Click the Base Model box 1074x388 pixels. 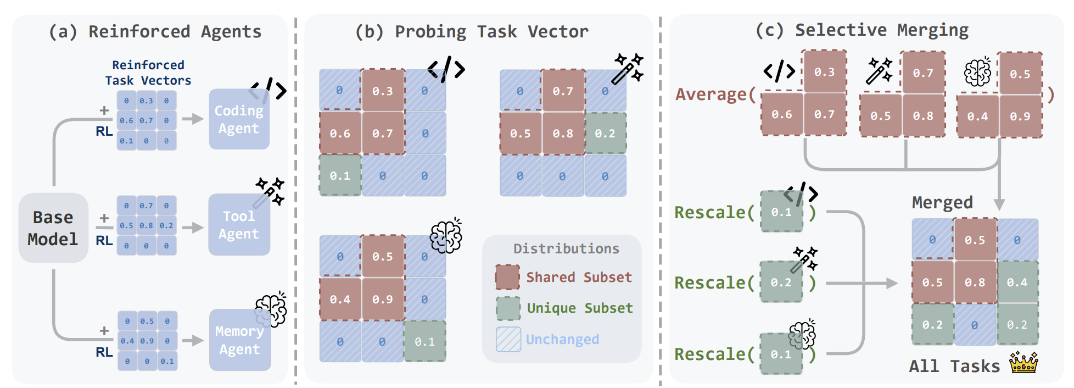point(53,228)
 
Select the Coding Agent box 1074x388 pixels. point(239,119)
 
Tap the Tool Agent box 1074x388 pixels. point(239,225)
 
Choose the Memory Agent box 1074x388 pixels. point(239,340)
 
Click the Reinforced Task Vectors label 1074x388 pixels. point(148,73)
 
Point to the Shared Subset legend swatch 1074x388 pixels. point(507,277)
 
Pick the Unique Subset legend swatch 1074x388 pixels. point(508,308)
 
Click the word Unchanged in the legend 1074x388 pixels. point(562,339)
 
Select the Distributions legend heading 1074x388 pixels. point(566,248)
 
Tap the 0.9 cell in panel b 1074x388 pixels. point(382,300)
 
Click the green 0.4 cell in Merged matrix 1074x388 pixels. point(1017,282)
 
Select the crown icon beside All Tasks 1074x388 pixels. point(1023,363)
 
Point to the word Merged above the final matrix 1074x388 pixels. point(942,202)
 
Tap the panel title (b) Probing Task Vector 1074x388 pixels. point(472,31)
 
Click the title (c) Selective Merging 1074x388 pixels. point(862,30)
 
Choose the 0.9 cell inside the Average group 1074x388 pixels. point(1020,116)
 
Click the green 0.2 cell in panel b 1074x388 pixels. point(605,134)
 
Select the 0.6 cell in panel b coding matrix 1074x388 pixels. point(340,134)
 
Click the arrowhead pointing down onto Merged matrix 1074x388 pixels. point(999,205)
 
